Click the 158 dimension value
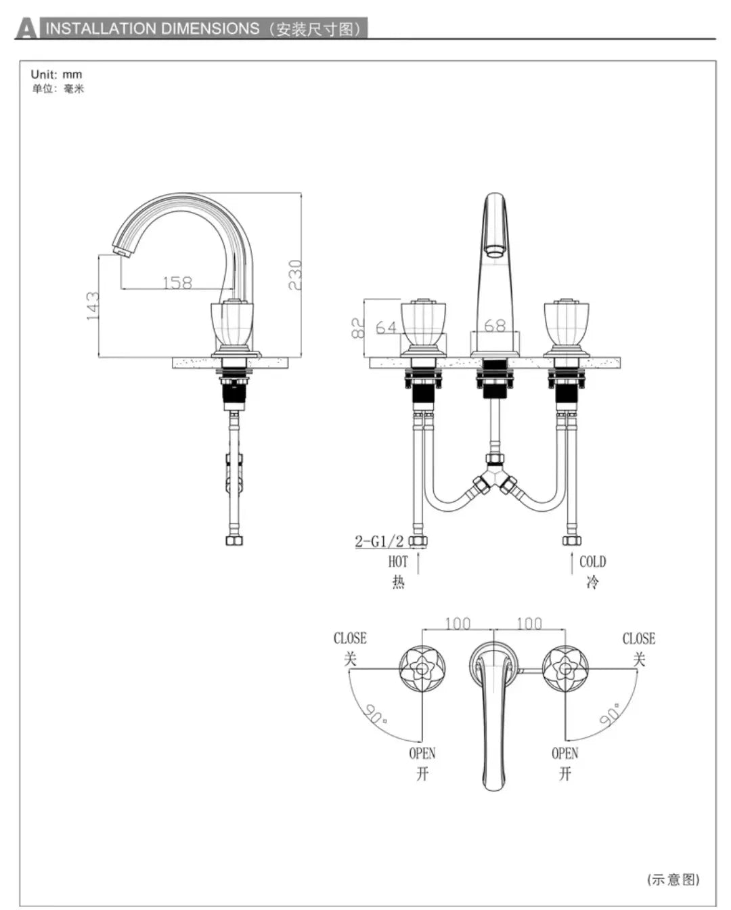pyautogui.click(x=177, y=282)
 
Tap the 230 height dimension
pyautogui.click(x=295, y=275)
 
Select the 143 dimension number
pyautogui.click(x=93, y=306)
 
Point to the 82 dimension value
pyautogui.click(x=357, y=328)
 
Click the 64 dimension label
pyautogui.click(x=386, y=327)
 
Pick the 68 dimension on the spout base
pyautogui.click(x=495, y=326)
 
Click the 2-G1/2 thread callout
pyautogui.click(x=379, y=541)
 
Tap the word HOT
pyautogui.click(x=398, y=562)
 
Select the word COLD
pyautogui.click(x=592, y=561)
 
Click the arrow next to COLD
pyautogui.click(x=572, y=563)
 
